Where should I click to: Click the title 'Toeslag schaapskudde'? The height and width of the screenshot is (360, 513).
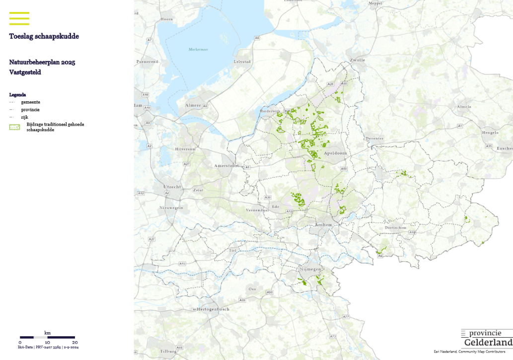click(x=44, y=36)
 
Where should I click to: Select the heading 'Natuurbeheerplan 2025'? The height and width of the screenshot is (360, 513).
click(x=42, y=62)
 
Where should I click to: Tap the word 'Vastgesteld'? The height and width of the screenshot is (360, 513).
click(x=25, y=72)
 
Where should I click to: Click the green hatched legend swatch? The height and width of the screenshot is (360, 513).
click(x=14, y=127)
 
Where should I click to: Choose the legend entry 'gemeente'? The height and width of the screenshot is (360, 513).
click(x=30, y=102)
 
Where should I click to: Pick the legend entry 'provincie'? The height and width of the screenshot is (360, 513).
click(x=30, y=109)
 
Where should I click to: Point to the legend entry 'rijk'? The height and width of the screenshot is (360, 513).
click(x=24, y=117)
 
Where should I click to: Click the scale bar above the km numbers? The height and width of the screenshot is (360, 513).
click(x=47, y=337)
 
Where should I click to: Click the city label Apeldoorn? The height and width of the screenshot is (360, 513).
click(x=335, y=153)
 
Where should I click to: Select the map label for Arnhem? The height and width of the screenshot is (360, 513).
click(x=323, y=225)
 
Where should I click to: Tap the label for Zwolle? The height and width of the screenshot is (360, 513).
click(x=358, y=60)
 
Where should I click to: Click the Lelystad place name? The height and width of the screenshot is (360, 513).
click(x=243, y=62)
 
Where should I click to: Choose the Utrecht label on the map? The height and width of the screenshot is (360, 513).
click(x=172, y=186)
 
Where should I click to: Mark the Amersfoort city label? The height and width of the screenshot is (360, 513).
click(x=226, y=165)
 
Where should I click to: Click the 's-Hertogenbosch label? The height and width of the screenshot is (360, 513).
click(x=211, y=309)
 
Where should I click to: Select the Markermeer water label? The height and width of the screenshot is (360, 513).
click(x=198, y=49)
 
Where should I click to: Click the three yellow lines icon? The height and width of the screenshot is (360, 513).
click(x=19, y=18)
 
